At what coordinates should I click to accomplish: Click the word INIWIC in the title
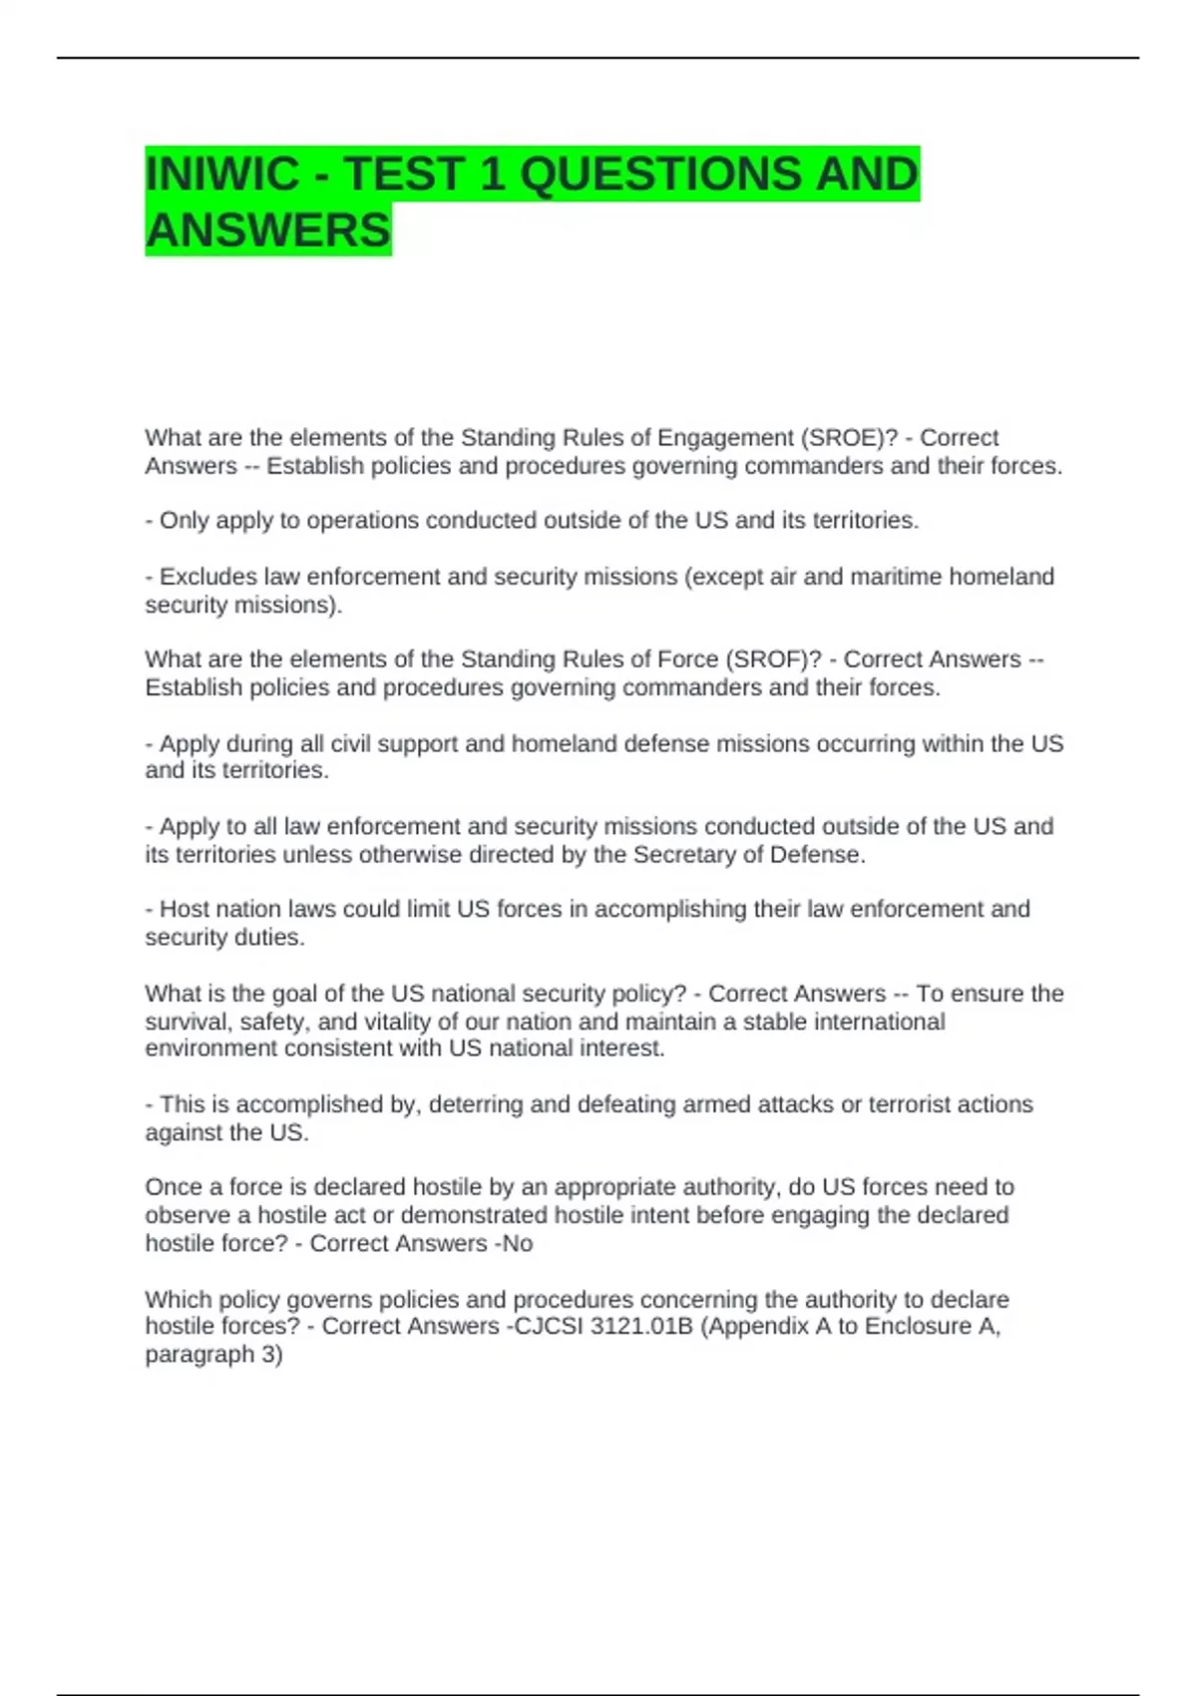point(221,174)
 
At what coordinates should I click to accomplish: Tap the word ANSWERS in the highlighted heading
point(268,229)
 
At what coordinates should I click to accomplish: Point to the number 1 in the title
point(492,174)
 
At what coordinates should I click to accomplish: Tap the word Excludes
point(207,577)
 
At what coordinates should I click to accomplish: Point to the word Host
point(183,909)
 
